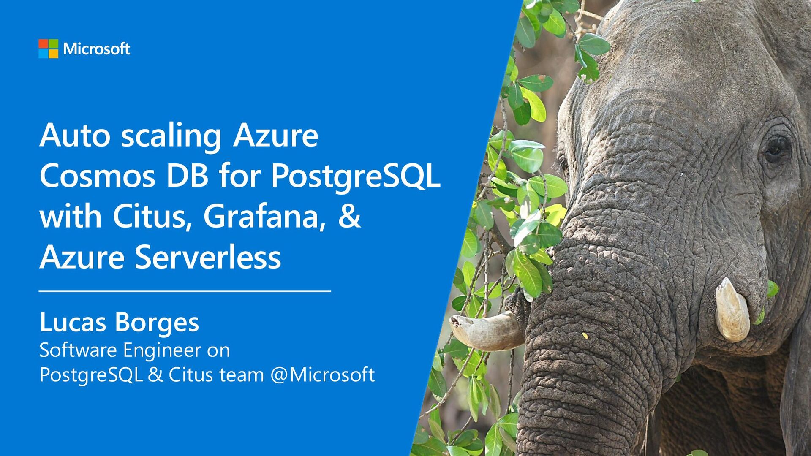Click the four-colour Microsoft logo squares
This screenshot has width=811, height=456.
48,49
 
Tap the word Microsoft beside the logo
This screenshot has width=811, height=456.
96,49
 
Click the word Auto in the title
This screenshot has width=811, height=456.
75,135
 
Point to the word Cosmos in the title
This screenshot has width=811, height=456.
98,176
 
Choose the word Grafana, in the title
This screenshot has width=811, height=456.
264,217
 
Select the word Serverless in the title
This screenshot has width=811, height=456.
208,257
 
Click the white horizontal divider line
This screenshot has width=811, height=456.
185,291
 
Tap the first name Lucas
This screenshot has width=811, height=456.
73,323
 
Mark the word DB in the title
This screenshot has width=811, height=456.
187,176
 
